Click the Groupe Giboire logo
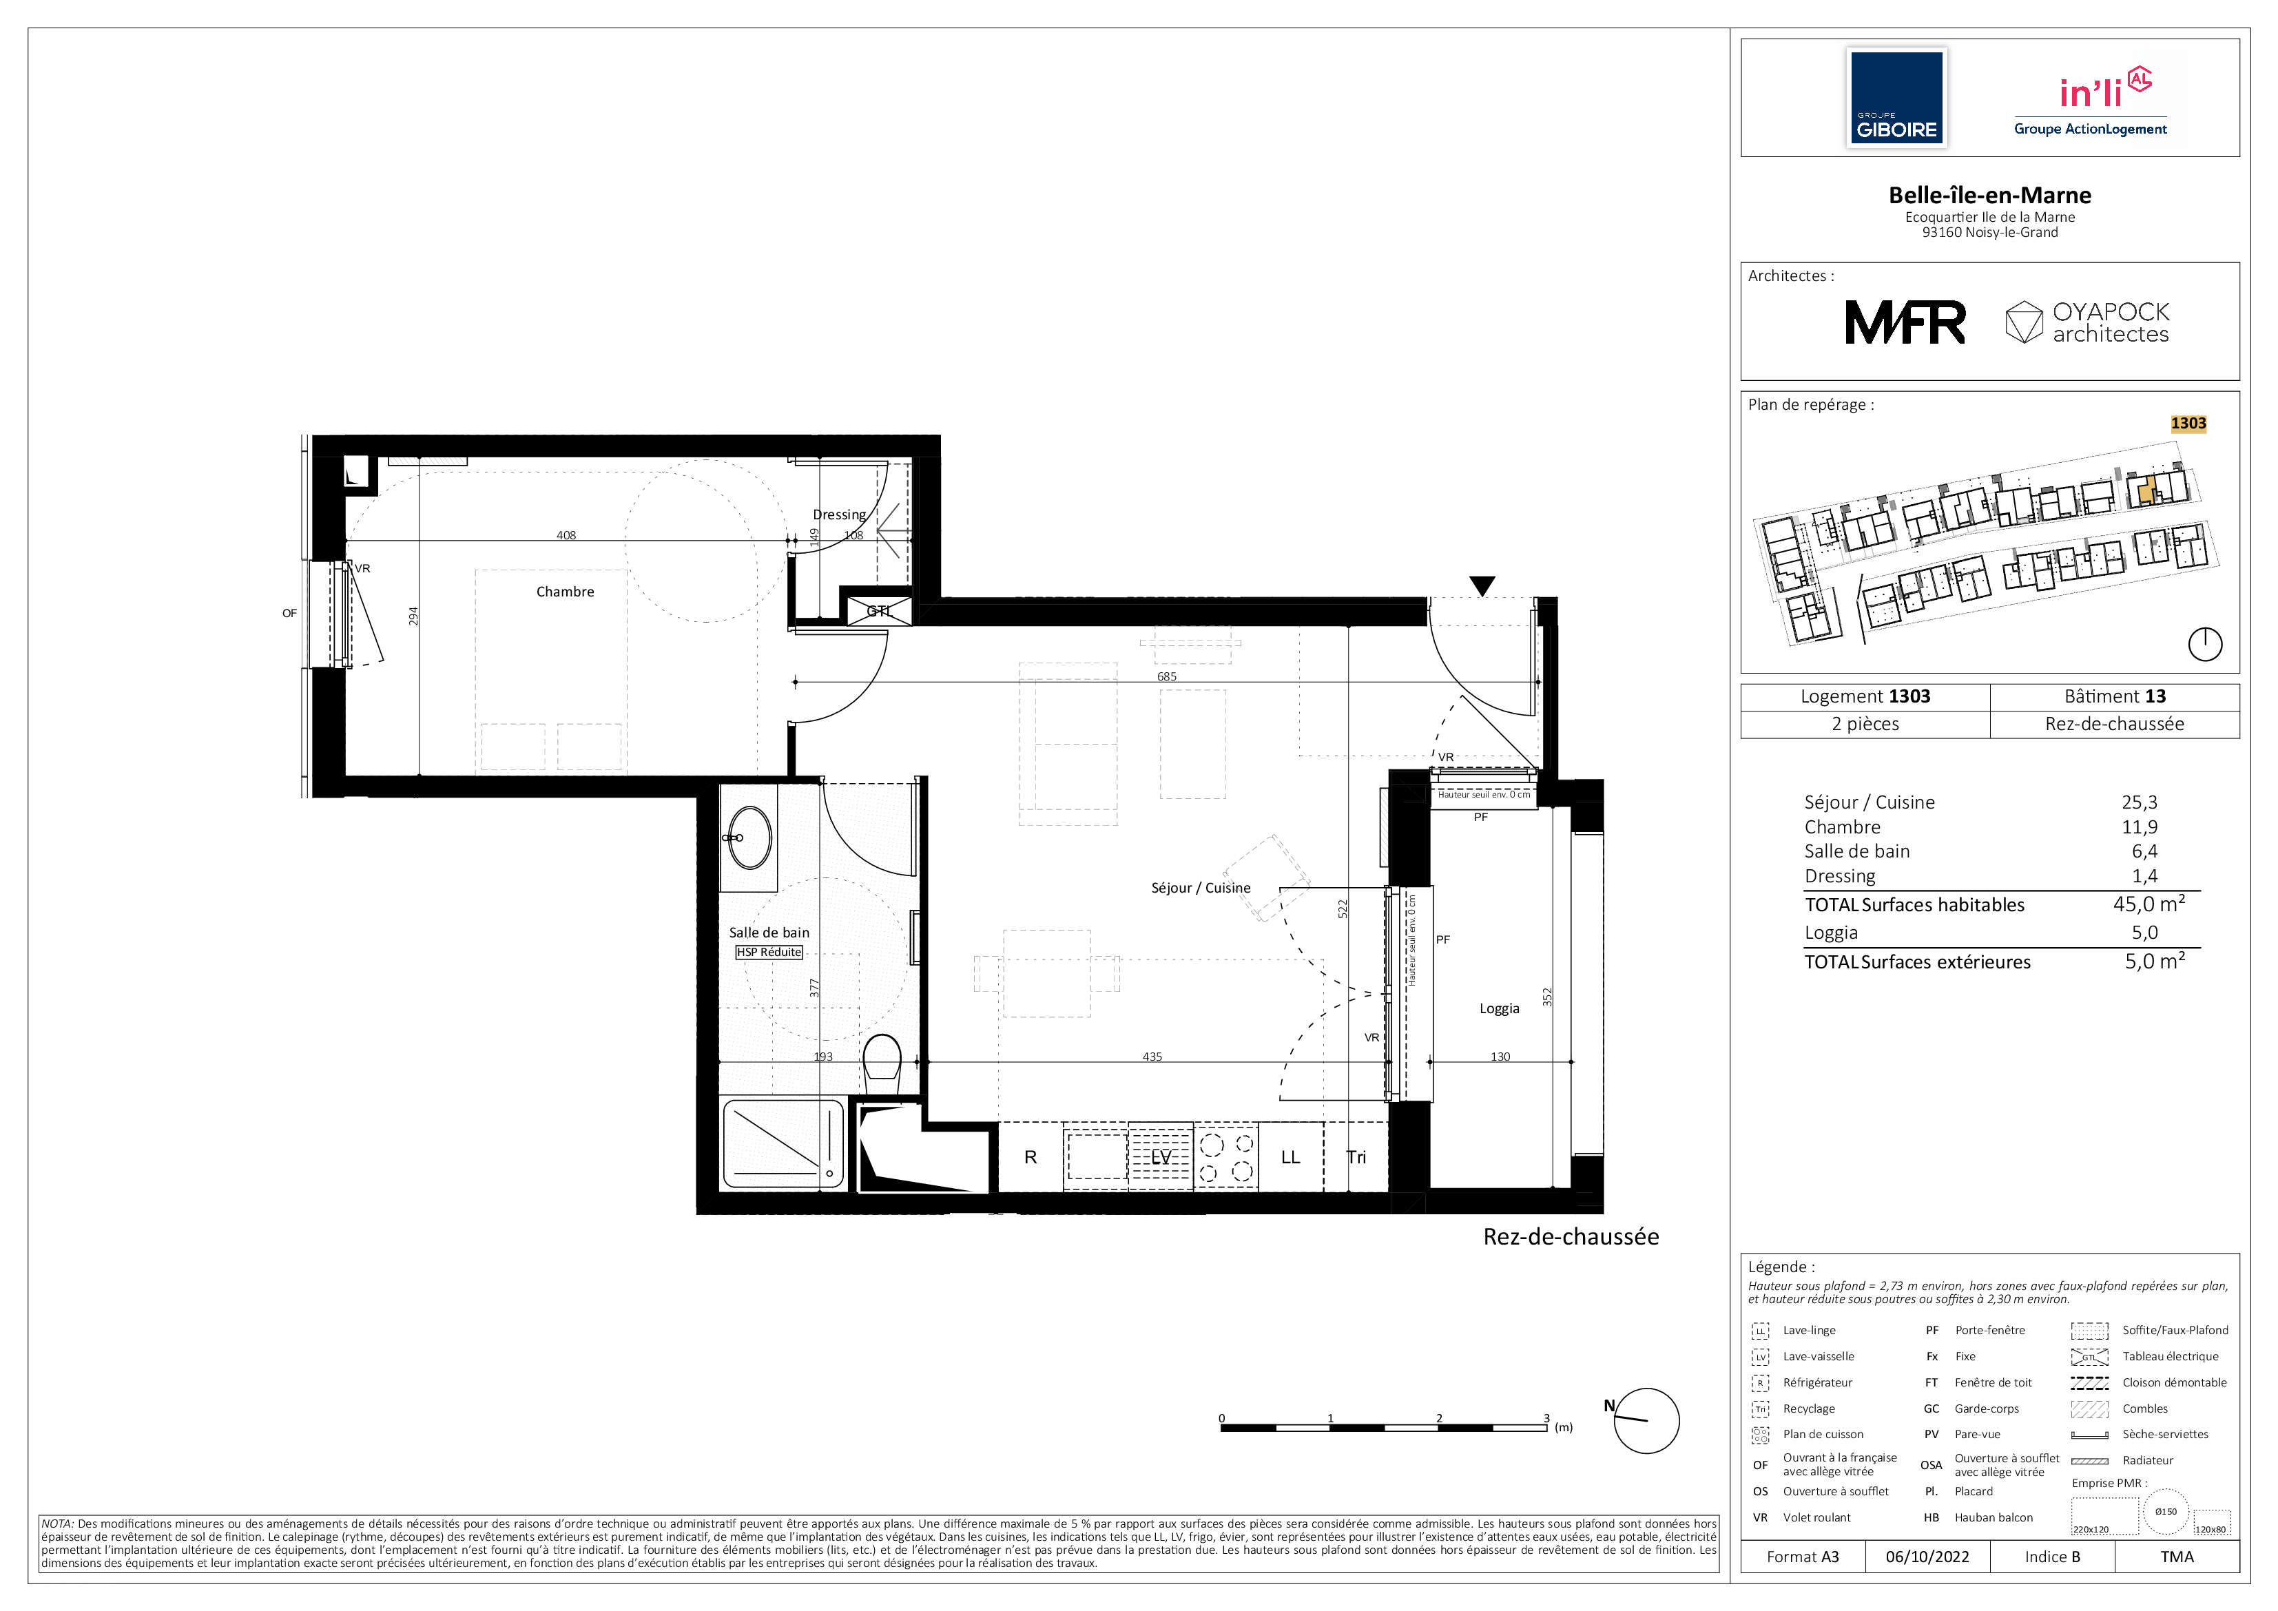point(1896,99)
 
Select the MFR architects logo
point(1905,322)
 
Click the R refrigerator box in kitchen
point(1030,1156)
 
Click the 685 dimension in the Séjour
point(1167,676)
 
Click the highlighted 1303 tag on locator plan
point(2188,424)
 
